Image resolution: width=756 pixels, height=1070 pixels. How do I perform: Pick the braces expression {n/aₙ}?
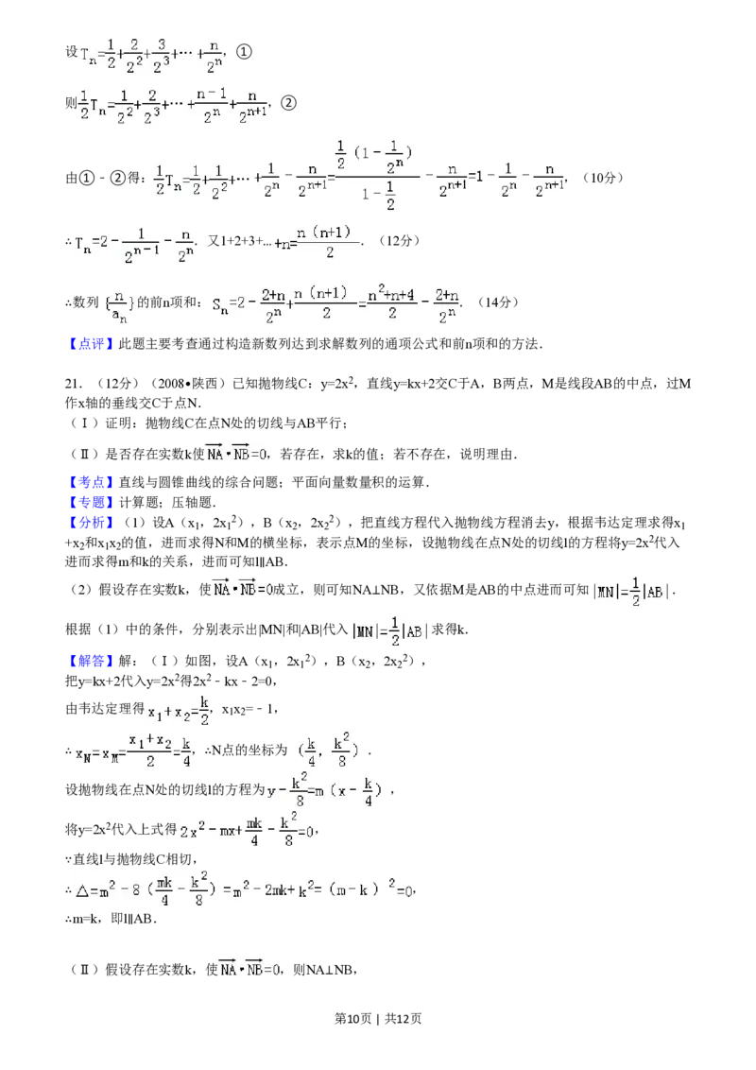(x=121, y=304)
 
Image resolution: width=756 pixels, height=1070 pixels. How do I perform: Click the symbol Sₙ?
(x=220, y=304)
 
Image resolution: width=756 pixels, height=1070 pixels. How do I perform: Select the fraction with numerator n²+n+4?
(x=391, y=304)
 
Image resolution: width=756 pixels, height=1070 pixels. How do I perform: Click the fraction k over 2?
(x=205, y=709)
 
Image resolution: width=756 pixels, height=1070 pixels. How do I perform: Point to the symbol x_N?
(x=83, y=752)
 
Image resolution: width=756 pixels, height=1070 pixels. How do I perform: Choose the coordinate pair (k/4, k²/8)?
(x=328, y=750)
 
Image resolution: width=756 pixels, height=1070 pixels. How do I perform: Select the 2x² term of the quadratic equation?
(x=192, y=832)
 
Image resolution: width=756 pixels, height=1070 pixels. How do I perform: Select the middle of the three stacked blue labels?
(x=91, y=502)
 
